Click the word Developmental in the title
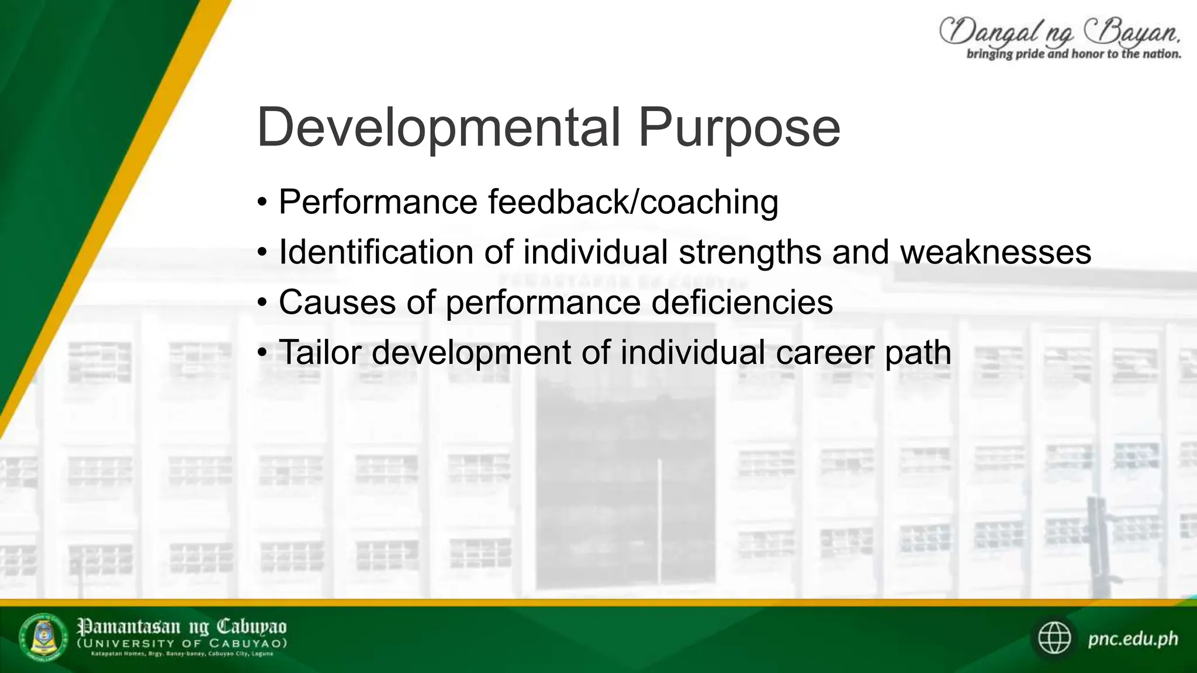pyautogui.click(x=438, y=127)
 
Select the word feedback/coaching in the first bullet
pyautogui.click(x=633, y=202)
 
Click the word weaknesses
pyautogui.click(x=995, y=252)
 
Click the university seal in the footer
pyautogui.click(x=44, y=638)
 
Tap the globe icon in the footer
pyautogui.click(x=1054, y=638)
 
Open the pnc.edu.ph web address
pyautogui.click(x=1133, y=639)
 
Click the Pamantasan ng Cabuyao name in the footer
pyautogui.click(x=182, y=627)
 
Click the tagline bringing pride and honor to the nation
pyautogui.click(x=1073, y=54)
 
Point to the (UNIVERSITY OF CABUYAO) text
pyautogui.click(x=182, y=643)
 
